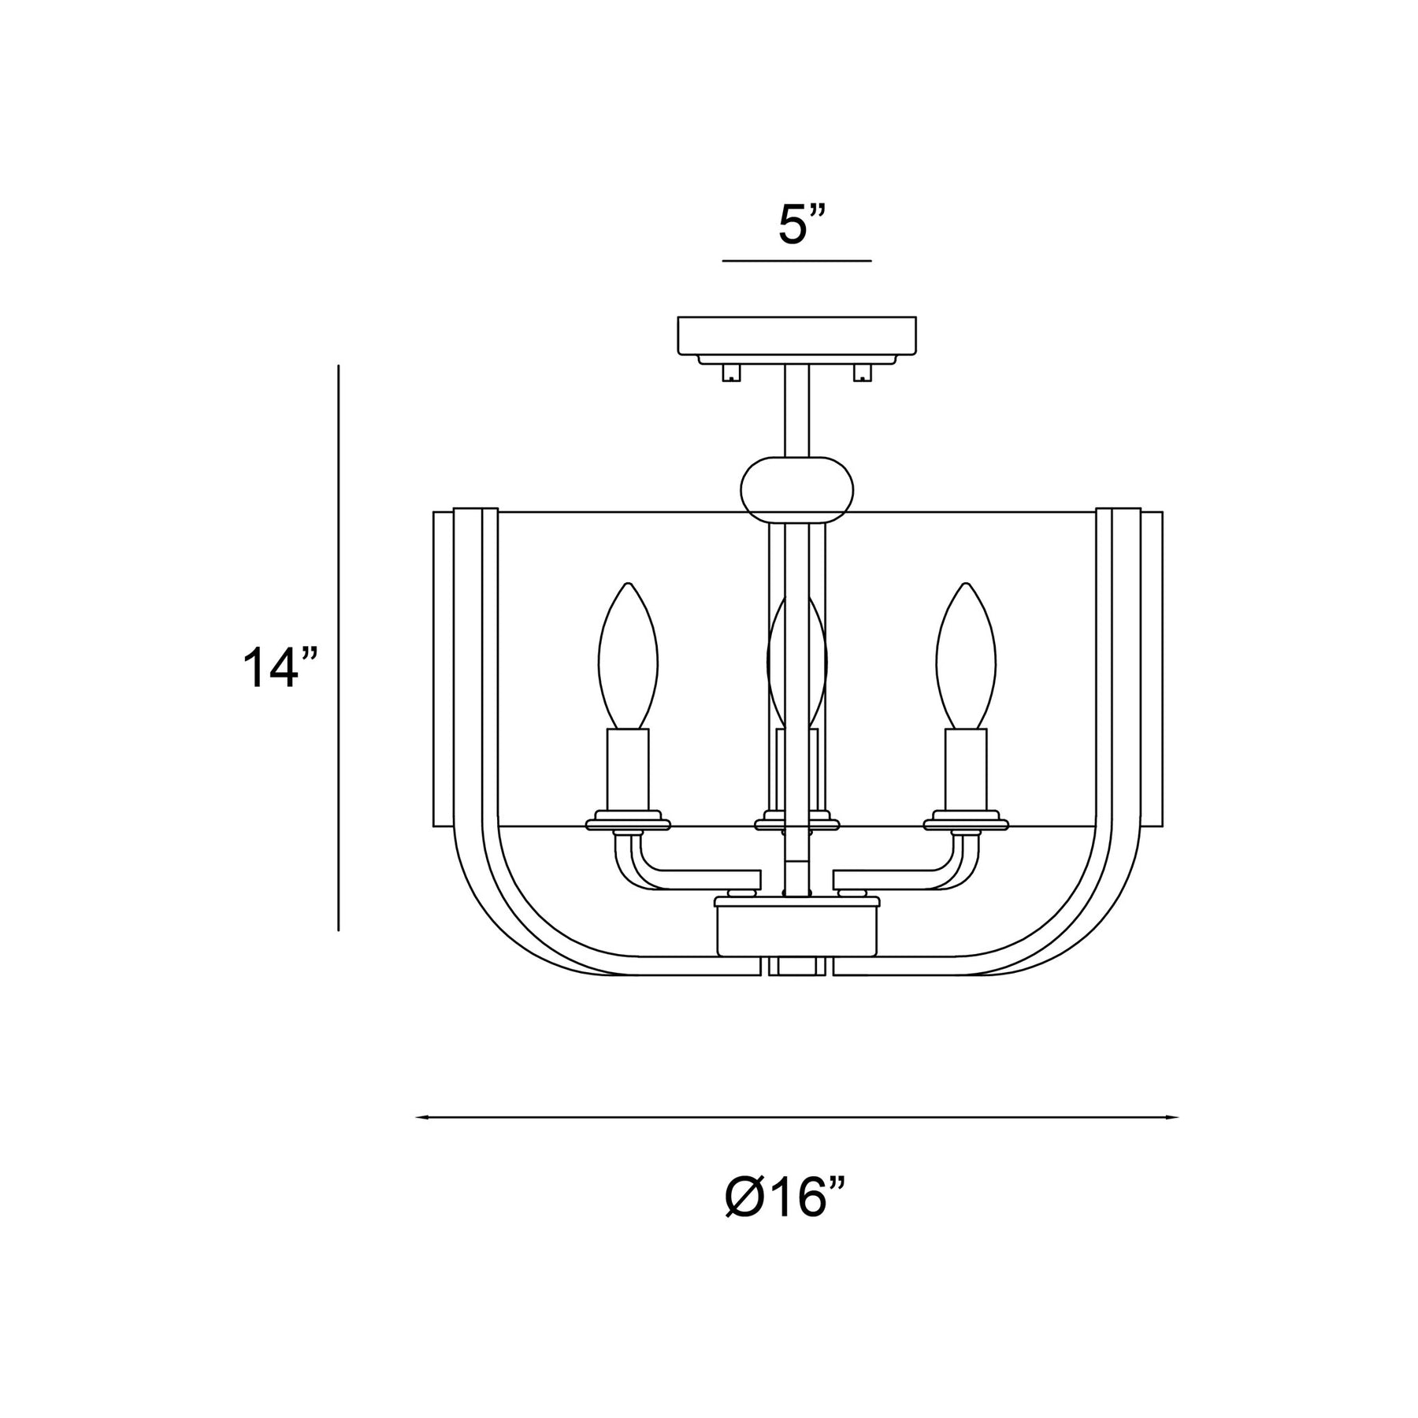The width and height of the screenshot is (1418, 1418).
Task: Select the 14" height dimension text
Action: [x=279, y=667]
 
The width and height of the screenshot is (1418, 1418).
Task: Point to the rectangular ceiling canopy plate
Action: [x=797, y=335]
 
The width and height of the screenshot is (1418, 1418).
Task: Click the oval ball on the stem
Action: [x=797, y=489]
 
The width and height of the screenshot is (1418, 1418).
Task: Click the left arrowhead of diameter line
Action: [x=421, y=1117]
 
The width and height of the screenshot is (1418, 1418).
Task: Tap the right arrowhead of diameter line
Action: [x=1172, y=1117]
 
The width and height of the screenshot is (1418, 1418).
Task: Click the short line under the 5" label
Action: [x=796, y=260]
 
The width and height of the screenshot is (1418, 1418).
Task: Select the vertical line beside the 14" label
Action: [x=339, y=648]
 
